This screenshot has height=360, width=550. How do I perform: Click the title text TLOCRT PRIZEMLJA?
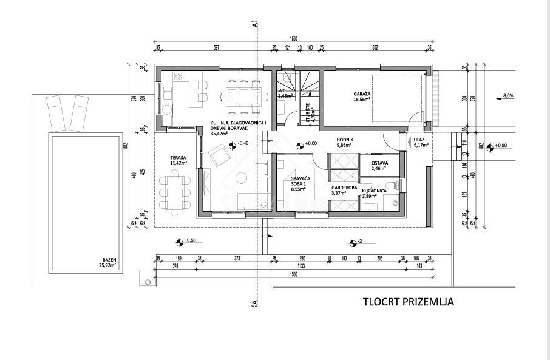pyautogui.click(x=408, y=301)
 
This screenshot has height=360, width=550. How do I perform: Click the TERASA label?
pyautogui.click(x=178, y=160)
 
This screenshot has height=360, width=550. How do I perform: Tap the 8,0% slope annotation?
pyautogui.click(x=508, y=95)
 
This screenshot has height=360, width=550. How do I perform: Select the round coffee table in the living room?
pyautogui.click(x=241, y=178)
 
